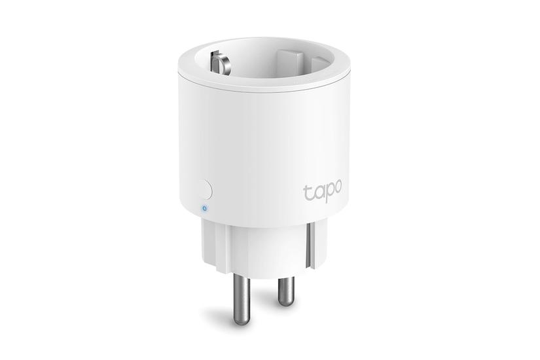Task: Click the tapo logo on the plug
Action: click(x=322, y=192)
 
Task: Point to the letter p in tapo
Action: click(x=327, y=194)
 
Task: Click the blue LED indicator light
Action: click(x=204, y=209)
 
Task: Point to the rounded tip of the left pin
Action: click(x=242, y=319)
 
